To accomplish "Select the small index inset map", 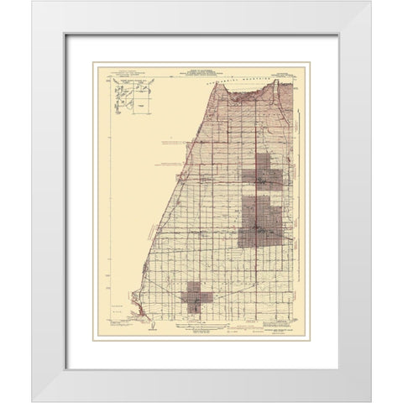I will coord(130,97).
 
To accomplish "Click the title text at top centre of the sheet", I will coord(201,70).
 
